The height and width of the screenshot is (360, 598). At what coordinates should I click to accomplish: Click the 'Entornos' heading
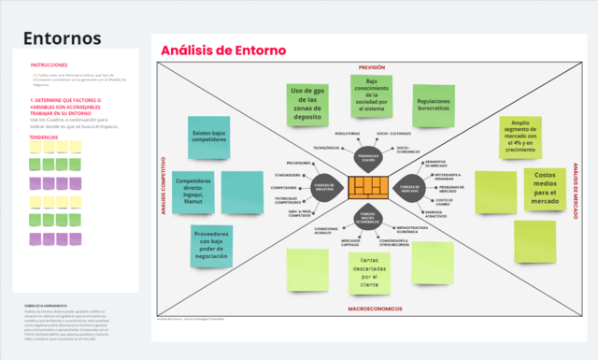pyautogui.click(x=62, y=38)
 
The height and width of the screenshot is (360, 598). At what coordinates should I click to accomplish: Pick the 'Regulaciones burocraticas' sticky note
pyautogui.click(x=434, y=106)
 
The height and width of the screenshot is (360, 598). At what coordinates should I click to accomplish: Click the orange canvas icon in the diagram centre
pyautogui.click(x=367, y=188)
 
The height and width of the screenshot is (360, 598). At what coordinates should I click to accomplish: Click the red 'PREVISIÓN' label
pyautogui.click(x=371, y=68)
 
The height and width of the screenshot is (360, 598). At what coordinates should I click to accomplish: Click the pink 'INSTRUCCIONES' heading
pyautogui.click(x=48, y=65)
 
